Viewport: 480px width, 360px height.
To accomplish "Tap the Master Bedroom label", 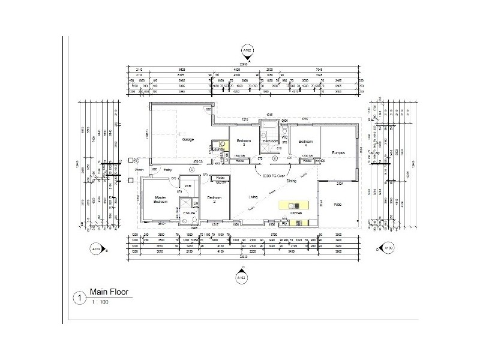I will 160,199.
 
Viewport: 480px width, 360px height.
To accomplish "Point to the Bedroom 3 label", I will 243,142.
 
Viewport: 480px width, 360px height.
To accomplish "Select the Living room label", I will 255,196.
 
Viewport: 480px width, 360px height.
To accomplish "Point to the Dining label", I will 291,180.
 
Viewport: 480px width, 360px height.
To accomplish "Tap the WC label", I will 285,137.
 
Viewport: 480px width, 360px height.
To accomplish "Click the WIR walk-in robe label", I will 188,186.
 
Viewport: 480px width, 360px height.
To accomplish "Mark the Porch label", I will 139,170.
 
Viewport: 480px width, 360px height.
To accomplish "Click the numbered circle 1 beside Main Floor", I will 79,297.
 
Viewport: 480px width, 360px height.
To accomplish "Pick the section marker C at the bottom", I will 241,277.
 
